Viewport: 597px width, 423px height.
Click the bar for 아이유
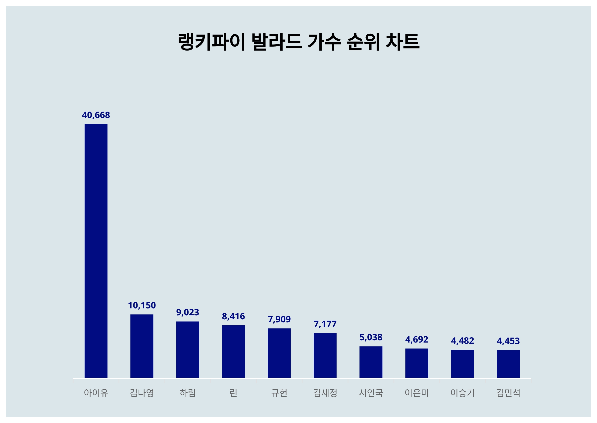[96, 251]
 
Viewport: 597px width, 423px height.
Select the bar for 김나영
[142, 346]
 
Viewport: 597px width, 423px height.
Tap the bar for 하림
[188, 349]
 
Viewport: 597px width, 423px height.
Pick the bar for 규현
[279, 353]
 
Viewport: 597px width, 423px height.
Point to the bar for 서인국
[371, 362]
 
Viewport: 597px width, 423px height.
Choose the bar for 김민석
[508, 364]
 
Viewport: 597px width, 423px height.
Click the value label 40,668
[96, 115]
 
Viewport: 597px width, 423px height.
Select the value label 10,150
[142, 305]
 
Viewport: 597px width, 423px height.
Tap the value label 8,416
[233, 316]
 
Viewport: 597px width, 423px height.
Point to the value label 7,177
[325, 324]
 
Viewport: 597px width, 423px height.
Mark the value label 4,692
[417, 339]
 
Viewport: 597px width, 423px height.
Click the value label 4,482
[462, 341]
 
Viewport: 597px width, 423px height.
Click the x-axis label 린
[233, 393]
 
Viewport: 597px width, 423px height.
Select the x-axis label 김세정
[325, 393]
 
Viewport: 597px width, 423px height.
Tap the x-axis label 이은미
[417, 393]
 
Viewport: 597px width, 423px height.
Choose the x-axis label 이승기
[462, 393]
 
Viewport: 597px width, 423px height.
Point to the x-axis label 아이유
[96, 393]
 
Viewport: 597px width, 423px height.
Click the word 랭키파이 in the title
[211, 42]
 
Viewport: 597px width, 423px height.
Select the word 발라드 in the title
[277, 42]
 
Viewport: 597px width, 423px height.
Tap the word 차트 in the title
[402, 42]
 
